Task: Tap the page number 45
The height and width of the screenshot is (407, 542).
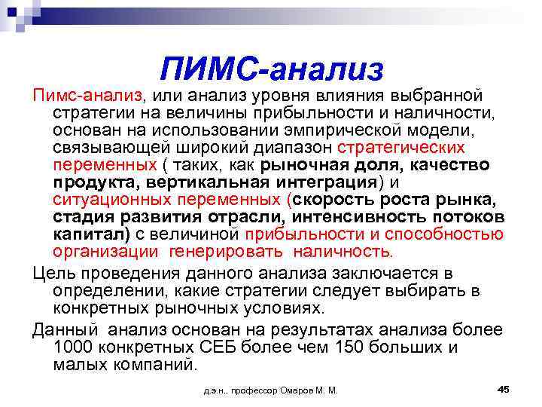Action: pyautogui.click(x=504, y=388)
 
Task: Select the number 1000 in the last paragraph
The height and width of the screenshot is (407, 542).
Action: pyautogui.click(x=73, y=347)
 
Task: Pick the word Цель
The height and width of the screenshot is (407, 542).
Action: pyautogui.click(x=52, y=273)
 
